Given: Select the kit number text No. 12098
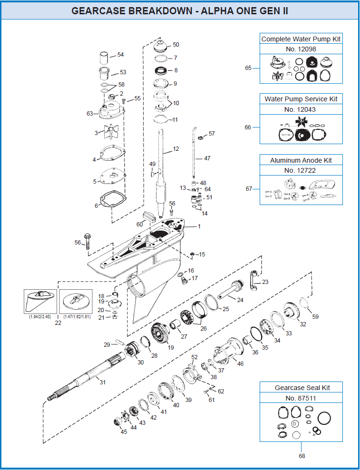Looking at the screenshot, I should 301,49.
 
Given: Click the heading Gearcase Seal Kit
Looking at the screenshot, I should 302,388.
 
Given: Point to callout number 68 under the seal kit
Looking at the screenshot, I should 301,456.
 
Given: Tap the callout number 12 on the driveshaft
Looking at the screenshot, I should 175,149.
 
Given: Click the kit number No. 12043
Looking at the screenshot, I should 301,109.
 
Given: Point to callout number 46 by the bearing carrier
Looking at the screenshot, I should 240,364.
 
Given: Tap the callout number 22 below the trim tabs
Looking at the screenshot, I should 58,323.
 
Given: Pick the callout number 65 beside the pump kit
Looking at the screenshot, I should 248,68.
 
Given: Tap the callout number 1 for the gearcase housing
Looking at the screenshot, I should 199,226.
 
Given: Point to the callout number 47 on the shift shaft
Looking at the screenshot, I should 207,158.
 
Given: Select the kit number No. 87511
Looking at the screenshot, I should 301,398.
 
